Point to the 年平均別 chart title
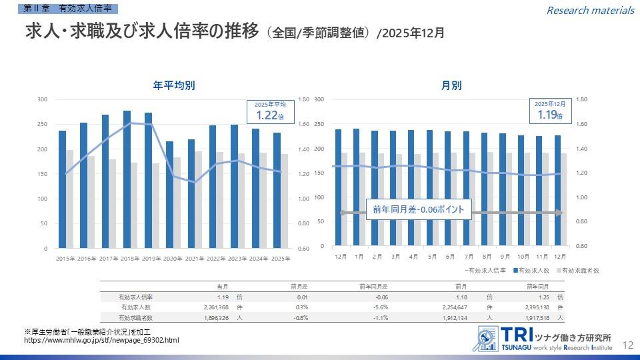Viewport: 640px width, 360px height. click(x=174, y=85)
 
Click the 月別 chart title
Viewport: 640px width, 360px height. click(x=451, y=85)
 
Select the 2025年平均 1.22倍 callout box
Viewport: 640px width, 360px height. click(x=271, y=111)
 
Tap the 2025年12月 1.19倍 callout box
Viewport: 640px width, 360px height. click(x=550, y=111)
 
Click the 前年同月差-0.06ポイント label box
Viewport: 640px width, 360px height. click(x=419, y=209)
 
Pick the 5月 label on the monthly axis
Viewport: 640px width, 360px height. click(x=432, y=257)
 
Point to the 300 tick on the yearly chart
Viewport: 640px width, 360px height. click(x=43, y=100)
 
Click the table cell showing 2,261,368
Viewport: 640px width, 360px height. click(x=215, y=307)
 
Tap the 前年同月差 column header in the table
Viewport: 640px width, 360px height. click(x=374, y=286)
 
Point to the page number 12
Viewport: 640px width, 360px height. click(x=627, y=345)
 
